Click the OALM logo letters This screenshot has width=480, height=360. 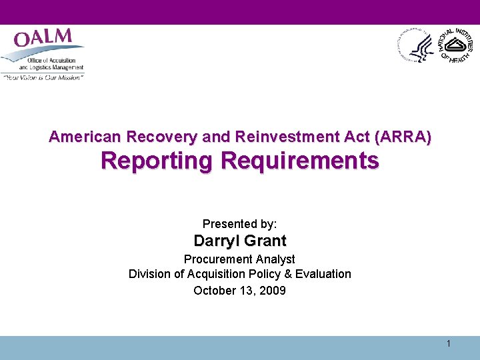(x=43, y=39)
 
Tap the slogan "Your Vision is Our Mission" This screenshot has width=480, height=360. (x=43, y=77)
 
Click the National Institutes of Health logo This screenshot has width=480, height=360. (x=455, y=45)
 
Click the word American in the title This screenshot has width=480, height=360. (x=85, y=137)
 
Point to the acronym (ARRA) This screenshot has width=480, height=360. (x=403, y=137)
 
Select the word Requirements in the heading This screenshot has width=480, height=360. (x=299, y=161)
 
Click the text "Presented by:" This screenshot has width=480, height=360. (x=239, y=224)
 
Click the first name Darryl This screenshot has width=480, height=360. (x=215, y=241)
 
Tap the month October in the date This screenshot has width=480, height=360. (x=213, y=290)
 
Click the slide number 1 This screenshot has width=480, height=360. (x=449, y=343)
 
